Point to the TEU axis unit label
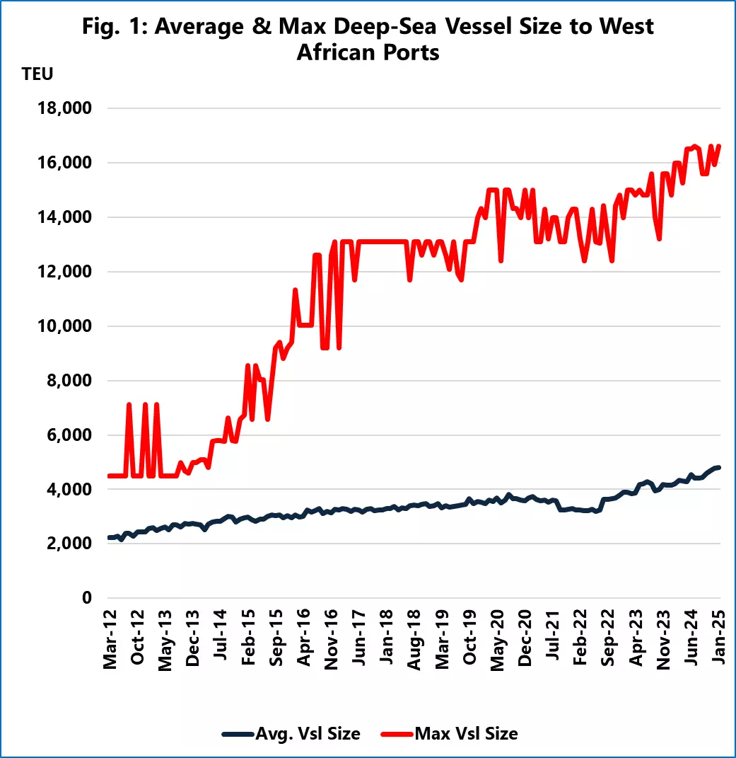(37, 74)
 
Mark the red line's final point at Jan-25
(719, 147)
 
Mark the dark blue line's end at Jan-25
(719, 467)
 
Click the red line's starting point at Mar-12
(109, 476)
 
